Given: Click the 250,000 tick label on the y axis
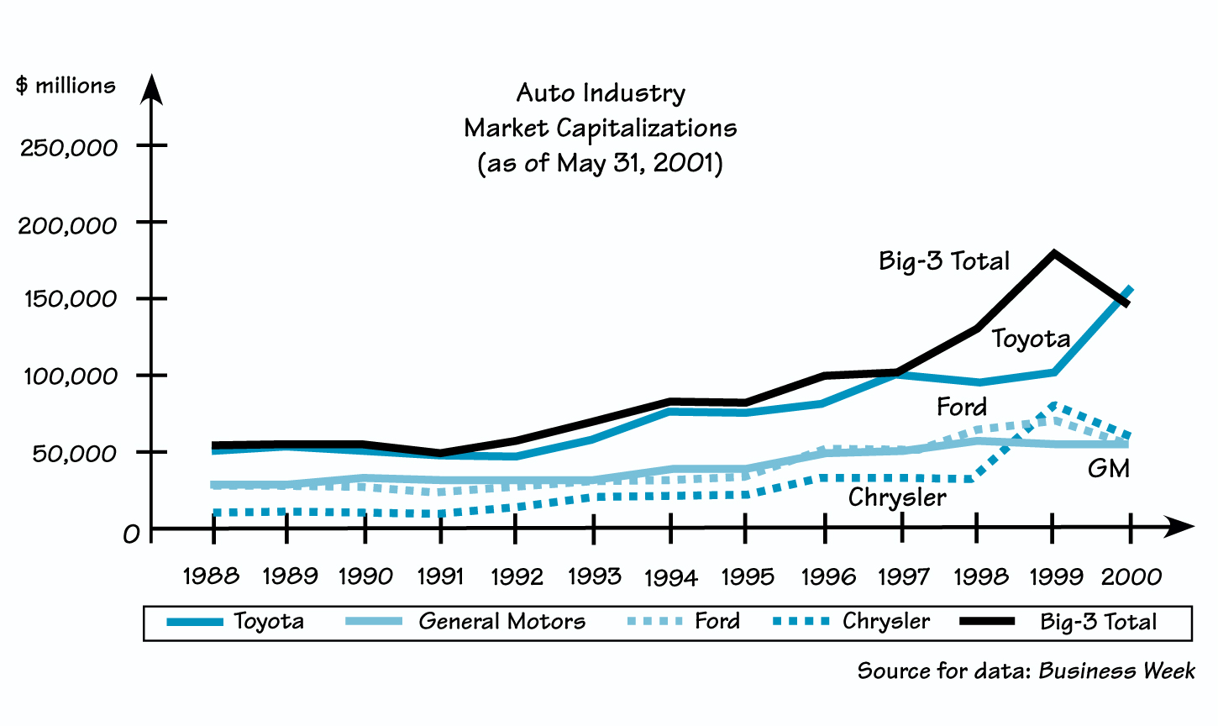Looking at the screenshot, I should tap(69, 148).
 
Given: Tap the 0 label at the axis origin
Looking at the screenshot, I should tap(131, 534).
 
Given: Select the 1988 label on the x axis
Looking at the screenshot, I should tap(211, 576).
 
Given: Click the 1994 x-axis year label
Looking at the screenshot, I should tap(670, 578).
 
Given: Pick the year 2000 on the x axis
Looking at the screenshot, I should tap(1131, 576).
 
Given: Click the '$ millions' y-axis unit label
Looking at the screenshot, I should tap(66, 86).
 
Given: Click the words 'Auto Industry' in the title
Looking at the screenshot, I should tap(601, 92).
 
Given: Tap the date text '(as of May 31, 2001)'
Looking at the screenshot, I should tap(600, 162).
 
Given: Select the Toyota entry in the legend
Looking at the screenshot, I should tap(268, 622).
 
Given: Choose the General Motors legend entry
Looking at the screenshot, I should tap(501, 622).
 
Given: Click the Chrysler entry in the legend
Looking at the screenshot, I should tap(885, 622).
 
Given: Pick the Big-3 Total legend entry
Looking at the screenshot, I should tap(1098, 622).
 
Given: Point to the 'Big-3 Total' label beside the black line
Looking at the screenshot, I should tap(944, 261).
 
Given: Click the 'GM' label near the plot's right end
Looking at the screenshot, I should tap(1108, 468).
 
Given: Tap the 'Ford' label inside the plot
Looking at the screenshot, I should tap(962, 408).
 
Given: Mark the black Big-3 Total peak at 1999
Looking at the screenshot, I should tap(1053, 253).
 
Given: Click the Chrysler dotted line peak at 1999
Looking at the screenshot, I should tap(1053, 406).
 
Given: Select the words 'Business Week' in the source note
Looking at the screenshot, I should tap(1116, 671).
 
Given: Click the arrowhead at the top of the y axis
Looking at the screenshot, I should tap(151, 87).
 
